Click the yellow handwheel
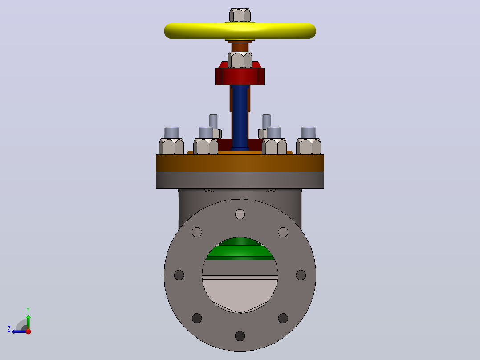coord(240,31)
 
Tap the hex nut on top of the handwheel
coord(240,15)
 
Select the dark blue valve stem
coord(240,118)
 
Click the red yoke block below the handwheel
coord(240,76)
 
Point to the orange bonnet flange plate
coord(240,162)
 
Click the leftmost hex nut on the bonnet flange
coord(171,146)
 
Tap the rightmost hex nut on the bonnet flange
coord(309,146)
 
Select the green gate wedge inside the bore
coord(240,249)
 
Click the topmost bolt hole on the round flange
coord(240,214)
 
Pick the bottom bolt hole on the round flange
coord(240,336)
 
